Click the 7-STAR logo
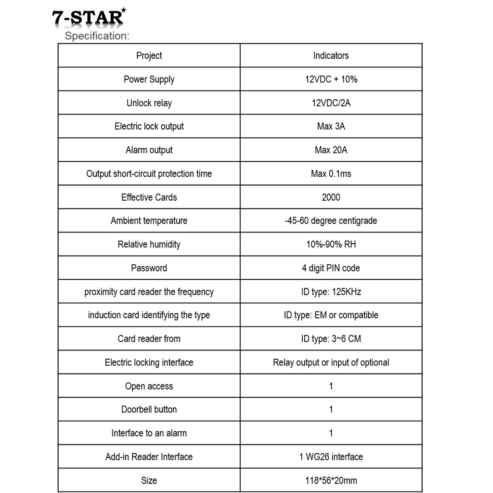pos(89,18)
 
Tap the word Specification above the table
pos(97,36)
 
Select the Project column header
pos(149,56)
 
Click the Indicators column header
pos(331,56)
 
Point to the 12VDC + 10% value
pos(331,79)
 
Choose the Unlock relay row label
pos(149,103)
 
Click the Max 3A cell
pos(331,127)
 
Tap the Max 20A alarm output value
pos(331,150)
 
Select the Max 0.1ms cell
pos(331,174)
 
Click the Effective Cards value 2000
pos(331,197)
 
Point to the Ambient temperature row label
pos(149,221)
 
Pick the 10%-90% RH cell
pos(331,245)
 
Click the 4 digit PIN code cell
pos(331,268)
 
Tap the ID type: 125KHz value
pos(331,292)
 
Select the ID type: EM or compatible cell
pos(331,315)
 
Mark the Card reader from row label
pos(149,339)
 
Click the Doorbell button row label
pos(149,410)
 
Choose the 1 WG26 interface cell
pos(331,457)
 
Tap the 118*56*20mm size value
pos(331,480)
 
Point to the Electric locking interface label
pos(149,363)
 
